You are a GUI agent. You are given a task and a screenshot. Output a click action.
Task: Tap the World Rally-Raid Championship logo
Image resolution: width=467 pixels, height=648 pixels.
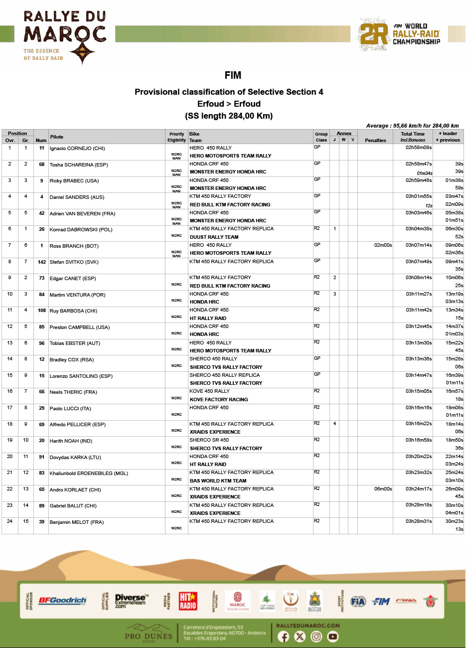[x=399, y=34]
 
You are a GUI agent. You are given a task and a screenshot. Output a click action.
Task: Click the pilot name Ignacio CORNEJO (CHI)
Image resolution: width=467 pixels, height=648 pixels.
[x=77, y=149]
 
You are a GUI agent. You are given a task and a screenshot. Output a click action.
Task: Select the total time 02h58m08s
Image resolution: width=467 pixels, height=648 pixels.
[x=418, y=148]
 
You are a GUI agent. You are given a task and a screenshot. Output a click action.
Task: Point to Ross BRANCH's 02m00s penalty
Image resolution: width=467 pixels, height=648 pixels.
[x=383, y=245]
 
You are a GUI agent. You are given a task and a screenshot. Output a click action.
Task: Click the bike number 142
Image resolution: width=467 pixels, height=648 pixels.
[x=41, y=262]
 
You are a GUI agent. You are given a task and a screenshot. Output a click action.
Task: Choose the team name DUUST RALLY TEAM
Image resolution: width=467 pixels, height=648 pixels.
[x=214, y=237]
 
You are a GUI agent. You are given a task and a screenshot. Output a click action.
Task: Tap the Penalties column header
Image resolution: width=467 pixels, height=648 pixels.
[x=375, y=141]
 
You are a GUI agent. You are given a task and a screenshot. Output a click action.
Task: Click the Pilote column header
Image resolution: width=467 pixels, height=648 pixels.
[x=57, y=137]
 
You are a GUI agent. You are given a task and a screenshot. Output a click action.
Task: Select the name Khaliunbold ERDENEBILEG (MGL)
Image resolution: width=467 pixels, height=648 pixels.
[x=89, y=474]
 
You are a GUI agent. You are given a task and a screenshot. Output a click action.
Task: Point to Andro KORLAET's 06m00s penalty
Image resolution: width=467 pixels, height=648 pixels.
[x=383, y=489]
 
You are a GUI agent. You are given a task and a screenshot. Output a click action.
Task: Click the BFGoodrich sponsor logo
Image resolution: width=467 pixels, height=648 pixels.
[x=62, y=601]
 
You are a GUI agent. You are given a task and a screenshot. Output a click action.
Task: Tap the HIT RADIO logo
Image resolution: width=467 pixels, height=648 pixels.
[x=188, y=601]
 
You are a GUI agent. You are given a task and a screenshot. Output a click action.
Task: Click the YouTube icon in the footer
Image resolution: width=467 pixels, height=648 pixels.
[x=332, y=637]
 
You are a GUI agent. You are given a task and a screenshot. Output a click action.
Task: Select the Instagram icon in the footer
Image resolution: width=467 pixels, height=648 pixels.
[x=316, y=637]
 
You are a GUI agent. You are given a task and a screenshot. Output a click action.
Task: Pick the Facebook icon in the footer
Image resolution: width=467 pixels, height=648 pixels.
[x=283, y=637]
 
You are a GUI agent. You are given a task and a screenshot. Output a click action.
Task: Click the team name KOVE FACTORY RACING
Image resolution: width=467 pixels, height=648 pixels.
[x=219, y=400]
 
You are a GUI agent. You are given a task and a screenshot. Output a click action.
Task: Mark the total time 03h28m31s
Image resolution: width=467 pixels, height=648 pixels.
[x=418, y=521]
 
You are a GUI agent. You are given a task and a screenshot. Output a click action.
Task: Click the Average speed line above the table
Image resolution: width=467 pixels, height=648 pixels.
[x=412, y=126]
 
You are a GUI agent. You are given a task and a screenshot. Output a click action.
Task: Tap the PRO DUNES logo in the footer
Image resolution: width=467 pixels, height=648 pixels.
[x=149, y=633]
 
